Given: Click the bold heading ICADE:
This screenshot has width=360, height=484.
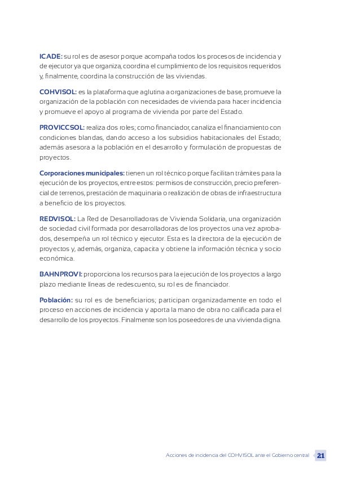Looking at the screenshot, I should coord(51,56).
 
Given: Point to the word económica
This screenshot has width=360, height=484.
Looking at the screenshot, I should coord(56,258).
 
